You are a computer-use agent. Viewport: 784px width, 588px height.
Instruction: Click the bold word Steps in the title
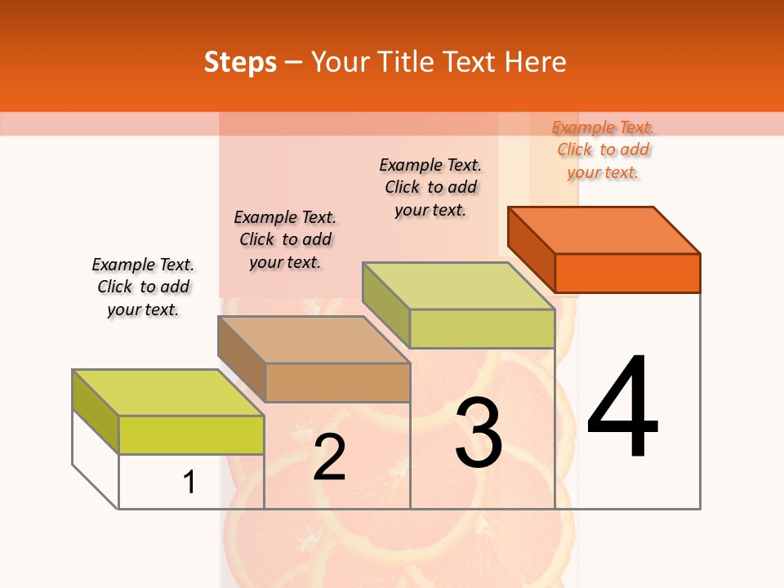240,62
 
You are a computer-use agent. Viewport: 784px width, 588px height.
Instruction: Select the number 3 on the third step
479,433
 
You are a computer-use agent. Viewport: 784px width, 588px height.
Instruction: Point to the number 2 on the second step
329,457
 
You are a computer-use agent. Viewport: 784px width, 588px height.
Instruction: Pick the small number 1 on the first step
189,482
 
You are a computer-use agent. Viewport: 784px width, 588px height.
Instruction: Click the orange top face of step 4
604,229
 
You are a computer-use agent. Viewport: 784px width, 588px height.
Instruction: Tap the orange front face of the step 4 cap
627,273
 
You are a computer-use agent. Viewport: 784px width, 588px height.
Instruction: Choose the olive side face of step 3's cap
385,302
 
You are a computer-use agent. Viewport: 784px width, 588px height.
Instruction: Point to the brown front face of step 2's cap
337,382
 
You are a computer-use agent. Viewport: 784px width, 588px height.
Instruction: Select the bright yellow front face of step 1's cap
191,434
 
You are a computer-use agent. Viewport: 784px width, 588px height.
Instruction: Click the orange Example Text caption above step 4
603,149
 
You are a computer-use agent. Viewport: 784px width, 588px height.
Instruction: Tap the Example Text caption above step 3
430,187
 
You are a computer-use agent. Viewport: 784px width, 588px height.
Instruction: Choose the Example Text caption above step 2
285,239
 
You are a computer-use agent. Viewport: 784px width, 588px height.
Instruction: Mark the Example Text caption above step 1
143,287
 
